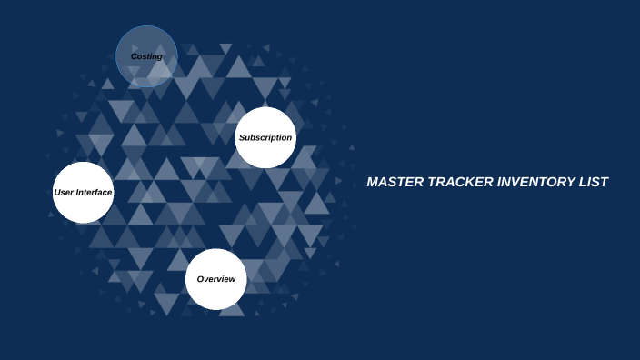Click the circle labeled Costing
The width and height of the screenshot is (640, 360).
click(146, 56)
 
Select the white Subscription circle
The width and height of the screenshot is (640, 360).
click(265, 137)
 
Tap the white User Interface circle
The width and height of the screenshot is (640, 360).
click(83, 193)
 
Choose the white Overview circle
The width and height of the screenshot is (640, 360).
click(216, 279)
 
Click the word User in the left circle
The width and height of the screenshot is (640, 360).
click(64, 193)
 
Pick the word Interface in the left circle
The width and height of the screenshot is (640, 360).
click(95, 193)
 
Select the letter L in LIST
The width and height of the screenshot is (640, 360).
click(585, 182)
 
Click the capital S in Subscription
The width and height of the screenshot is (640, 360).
click(241, 138)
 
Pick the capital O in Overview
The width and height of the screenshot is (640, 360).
click(201, 279)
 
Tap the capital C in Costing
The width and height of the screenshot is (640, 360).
click(135, 57)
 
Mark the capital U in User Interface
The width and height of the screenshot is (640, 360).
click(57, 193)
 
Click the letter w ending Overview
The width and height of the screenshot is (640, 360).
click(233, 279)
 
